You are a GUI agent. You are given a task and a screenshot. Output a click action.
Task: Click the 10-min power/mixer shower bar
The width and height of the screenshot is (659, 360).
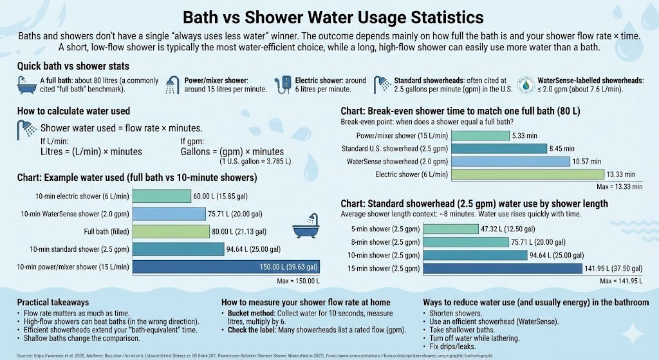[x=225, y=267]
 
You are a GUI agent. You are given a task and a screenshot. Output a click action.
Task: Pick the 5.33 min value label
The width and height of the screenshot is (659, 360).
[x=524, y=135]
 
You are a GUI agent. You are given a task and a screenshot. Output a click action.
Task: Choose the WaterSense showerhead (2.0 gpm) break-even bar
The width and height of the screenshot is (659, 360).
[x=510, y=161]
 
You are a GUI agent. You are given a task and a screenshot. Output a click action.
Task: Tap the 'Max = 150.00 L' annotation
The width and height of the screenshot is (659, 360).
[x=299, y=280]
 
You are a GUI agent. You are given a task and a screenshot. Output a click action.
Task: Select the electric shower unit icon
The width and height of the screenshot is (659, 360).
[x=283, y=84]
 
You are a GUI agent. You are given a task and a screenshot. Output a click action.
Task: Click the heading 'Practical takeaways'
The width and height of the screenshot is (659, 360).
[x=53, y=302]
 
